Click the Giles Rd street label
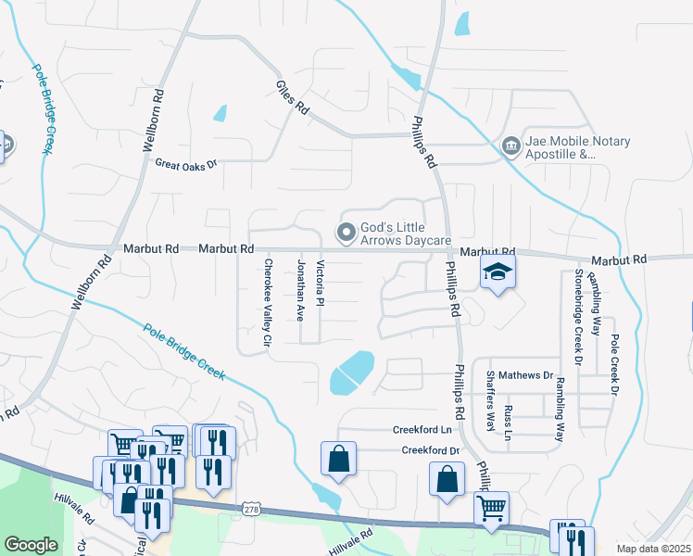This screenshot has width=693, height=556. (x=291, y=97)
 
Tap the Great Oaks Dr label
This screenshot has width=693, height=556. (x=185, y=164)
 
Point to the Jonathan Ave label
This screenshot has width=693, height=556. (x=300, y=290)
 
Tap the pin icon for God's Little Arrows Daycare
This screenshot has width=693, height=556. (x=346, y=232)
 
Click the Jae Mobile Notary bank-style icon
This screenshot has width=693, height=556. (x=510, y=146)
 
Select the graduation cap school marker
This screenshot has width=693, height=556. (x=498, y=272)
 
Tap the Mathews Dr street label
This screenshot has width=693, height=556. (x=525, y=375)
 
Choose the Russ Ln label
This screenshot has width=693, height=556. (x=507, y=422)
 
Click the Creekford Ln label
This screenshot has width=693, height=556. (x=422, y=430)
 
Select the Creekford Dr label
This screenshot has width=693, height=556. (x=431, y=450)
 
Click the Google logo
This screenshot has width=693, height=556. (x=31, y=544)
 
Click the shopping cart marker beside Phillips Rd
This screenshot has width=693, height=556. (x=490, y=507)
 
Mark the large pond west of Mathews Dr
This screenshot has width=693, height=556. (x=352, y=373)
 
